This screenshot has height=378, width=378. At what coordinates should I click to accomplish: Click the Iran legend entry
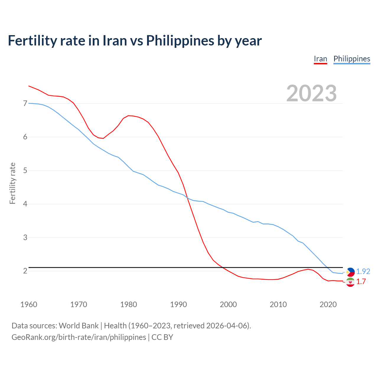320,59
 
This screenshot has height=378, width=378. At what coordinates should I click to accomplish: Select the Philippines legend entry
352,59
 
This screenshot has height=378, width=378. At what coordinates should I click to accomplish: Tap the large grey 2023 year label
311,93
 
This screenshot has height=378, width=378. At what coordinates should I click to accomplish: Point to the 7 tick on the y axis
25,103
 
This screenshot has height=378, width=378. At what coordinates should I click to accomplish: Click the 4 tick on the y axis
25,204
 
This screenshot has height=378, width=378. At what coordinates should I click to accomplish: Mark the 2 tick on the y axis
25,271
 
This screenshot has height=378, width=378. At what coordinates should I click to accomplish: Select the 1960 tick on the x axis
29,304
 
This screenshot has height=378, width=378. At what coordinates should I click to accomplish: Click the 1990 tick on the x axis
178,304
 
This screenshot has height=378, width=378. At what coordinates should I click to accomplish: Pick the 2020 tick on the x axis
328,304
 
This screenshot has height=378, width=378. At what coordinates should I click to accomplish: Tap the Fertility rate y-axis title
12,183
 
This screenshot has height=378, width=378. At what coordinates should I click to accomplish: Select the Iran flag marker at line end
350,282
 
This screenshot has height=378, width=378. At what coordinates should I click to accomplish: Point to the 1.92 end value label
363,272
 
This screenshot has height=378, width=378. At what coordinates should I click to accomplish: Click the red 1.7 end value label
361,282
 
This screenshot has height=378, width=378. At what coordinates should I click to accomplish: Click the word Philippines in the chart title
180,40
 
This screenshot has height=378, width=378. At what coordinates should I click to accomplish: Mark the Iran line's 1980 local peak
128,115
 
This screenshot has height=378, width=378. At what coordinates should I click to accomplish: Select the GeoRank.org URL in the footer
79,337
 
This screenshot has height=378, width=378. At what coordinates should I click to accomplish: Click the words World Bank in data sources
79,326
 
